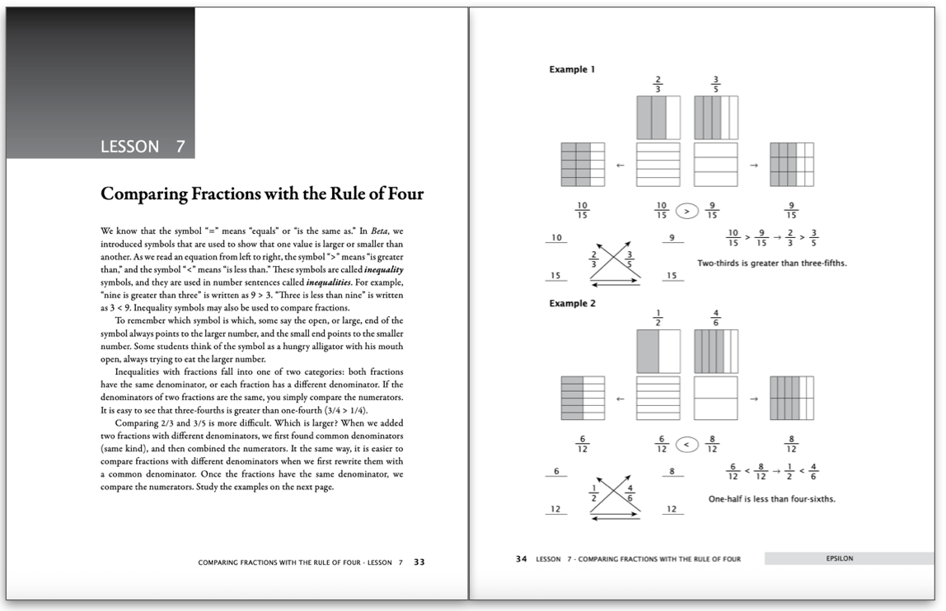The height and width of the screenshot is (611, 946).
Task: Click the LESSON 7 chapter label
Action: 142,147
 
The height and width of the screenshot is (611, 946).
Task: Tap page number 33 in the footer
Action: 419,562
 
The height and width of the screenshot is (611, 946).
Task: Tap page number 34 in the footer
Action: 521,559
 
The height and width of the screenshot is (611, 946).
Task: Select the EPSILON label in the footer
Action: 839,558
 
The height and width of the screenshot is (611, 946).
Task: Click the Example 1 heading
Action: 572,70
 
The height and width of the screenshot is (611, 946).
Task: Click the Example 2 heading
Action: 572,304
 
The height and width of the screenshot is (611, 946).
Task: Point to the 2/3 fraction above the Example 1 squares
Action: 658,84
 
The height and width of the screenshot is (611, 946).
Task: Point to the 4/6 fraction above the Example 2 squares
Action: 715,317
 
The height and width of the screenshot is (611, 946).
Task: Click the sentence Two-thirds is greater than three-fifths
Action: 771,264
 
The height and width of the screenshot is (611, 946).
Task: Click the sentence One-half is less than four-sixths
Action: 771,498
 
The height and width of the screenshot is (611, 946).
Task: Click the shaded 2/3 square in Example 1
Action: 658,117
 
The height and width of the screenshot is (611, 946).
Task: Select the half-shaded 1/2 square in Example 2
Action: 658,351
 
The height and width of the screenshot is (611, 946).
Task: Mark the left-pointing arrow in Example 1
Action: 621,165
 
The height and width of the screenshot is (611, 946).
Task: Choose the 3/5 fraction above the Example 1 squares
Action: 715,84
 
